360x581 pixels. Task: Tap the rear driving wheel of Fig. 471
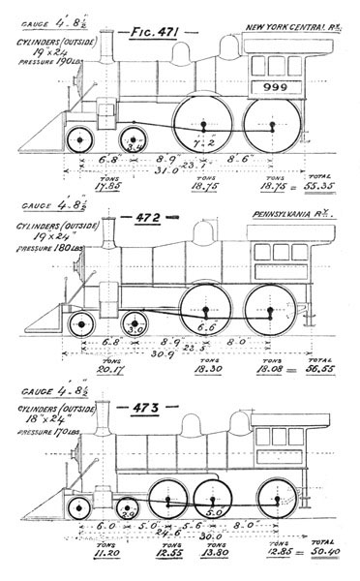pos(273,125)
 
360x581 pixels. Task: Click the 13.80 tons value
pos(206,559)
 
